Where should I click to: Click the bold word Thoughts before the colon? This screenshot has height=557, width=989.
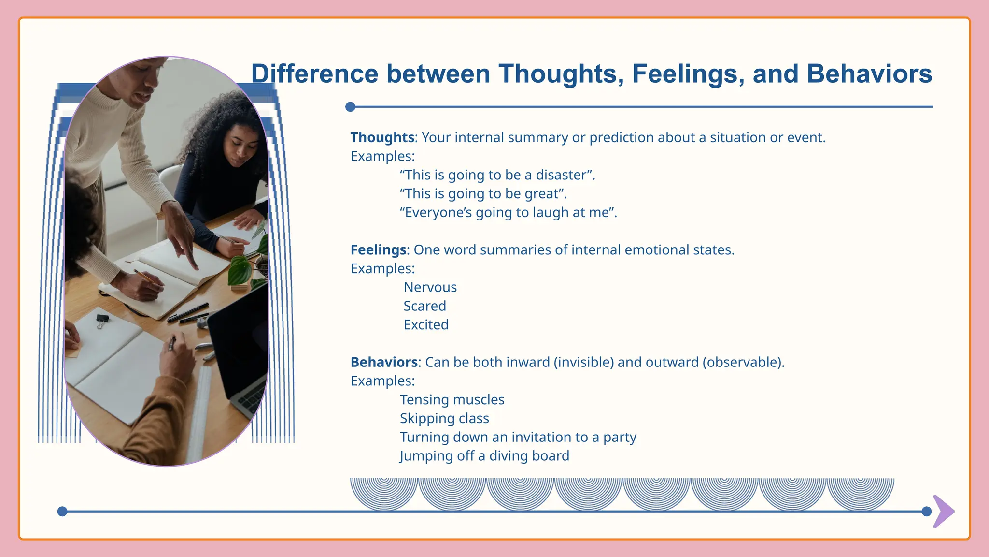382,137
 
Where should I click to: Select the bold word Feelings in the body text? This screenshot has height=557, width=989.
378,250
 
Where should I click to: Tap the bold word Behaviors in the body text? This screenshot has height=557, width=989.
384,362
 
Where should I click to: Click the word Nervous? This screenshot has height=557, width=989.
430,287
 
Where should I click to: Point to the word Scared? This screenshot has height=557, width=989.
424,306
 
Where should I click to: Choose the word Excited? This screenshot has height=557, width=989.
426,325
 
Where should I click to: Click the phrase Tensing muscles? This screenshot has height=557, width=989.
452,400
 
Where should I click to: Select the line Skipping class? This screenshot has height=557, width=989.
444,418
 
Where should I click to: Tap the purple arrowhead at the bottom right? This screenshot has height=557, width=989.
944,511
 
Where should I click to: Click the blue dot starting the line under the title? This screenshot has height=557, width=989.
351,107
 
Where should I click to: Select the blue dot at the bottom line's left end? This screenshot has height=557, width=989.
62,512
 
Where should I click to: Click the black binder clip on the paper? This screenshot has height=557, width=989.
102,320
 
